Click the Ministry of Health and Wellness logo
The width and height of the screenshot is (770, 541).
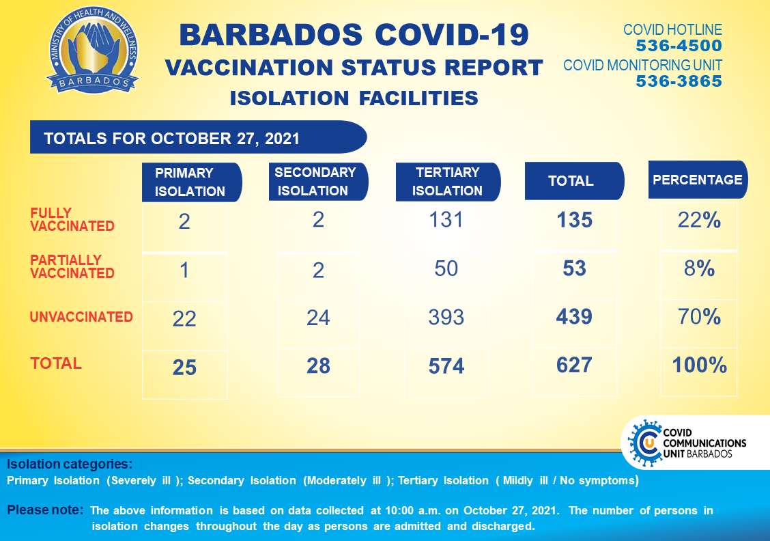pos(93,51)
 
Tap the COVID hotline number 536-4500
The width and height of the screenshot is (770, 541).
pos(679,46)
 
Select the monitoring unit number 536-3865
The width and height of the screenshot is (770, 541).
pos(679,81)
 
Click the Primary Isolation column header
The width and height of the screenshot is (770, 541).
pos(192,182)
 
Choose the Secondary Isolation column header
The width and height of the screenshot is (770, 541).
pos(318,181)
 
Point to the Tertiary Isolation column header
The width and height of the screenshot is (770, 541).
pos(448,181)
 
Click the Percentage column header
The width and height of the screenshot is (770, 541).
pos(698,180)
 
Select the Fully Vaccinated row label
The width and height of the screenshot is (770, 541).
pos(72,220)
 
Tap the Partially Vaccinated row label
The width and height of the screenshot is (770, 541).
pos(72,266)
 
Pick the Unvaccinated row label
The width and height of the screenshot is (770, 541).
pos(81,317)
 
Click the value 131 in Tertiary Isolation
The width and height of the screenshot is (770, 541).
pos(446,220)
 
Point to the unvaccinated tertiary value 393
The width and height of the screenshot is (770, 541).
pos(446,318)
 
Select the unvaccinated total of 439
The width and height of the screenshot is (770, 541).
pos(574,316)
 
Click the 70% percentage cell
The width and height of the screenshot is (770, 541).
pos(699,316)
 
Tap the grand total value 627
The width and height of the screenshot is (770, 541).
pos(574,365)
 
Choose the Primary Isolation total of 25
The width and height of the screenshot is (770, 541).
pos(184,367)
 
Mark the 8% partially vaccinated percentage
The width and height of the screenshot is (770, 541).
pos(699,268)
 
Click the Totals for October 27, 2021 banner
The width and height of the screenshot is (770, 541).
pos(199,137)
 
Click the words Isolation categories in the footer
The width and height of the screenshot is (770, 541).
pos(69,464)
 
